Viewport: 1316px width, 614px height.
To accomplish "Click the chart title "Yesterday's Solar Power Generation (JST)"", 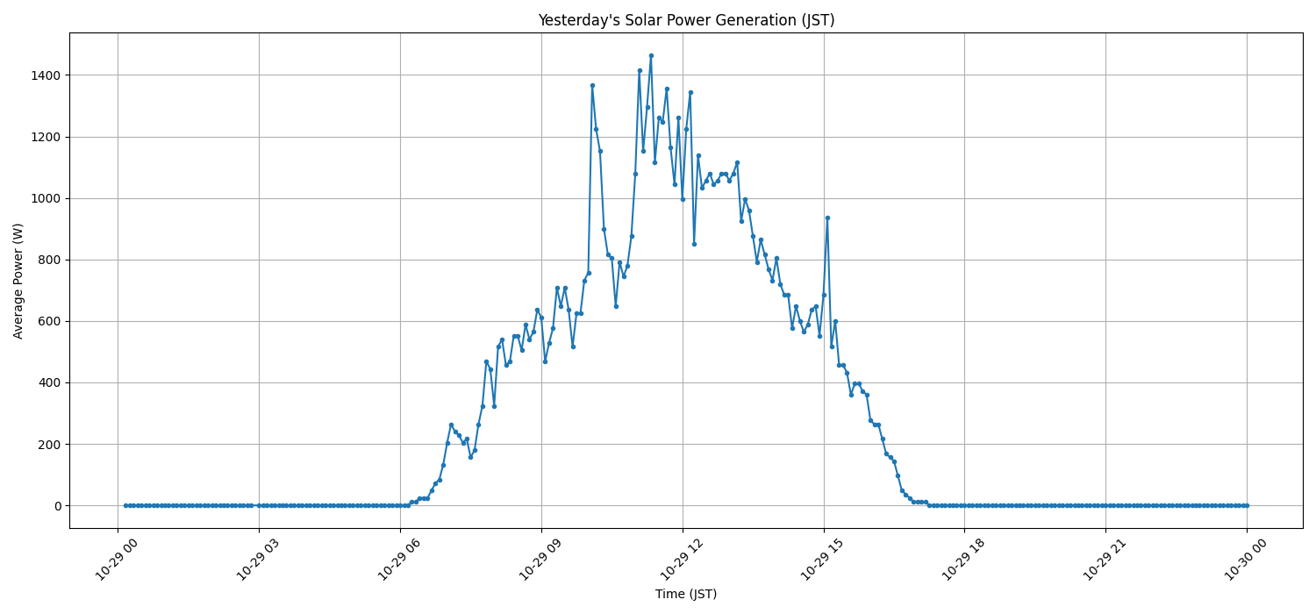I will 685,20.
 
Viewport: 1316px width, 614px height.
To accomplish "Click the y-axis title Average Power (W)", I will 18,281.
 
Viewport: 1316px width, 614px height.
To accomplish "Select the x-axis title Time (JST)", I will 685,594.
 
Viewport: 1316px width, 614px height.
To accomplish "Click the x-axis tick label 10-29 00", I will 116,559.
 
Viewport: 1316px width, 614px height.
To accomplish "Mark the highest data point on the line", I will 651,55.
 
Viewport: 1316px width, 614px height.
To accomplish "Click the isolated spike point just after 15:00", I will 827,218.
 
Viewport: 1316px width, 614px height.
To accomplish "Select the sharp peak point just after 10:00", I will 592,85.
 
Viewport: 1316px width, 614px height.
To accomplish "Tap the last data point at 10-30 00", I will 1247,505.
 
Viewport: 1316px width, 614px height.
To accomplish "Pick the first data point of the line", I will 125,505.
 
